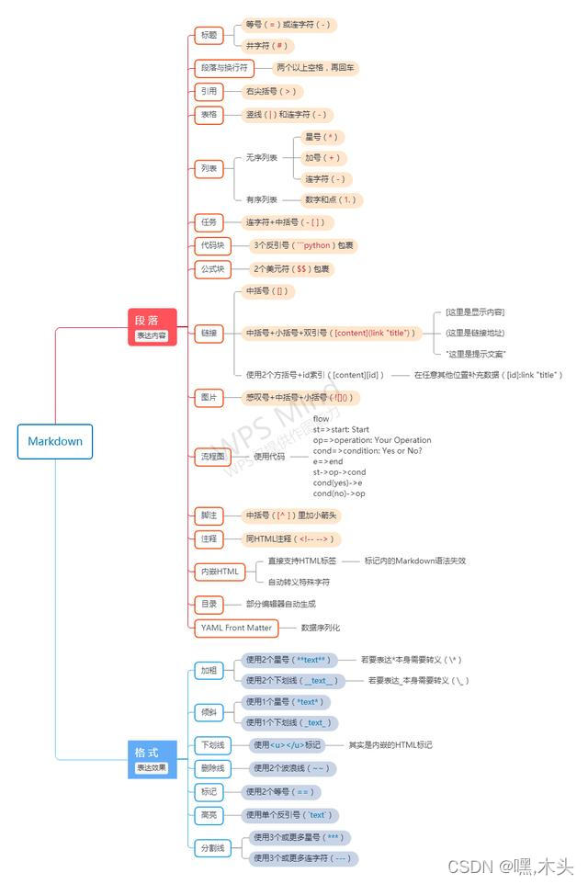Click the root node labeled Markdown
tap(55, 441)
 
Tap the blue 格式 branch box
tap(152, 759)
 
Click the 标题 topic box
tap(209, 35)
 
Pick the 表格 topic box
tap(209, 115)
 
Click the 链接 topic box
tap(209, 332)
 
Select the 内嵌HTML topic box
tap(220, 572)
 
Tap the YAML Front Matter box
tap(236, 628)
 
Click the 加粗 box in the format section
tap(209, 670)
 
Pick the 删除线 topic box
tap(212, 767)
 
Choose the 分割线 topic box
tap(212, 848)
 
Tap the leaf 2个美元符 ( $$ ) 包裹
tap(292, 269)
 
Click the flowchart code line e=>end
tap(328, 461)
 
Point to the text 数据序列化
tap(321, 628)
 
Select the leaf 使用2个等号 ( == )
tap(280, 791)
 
